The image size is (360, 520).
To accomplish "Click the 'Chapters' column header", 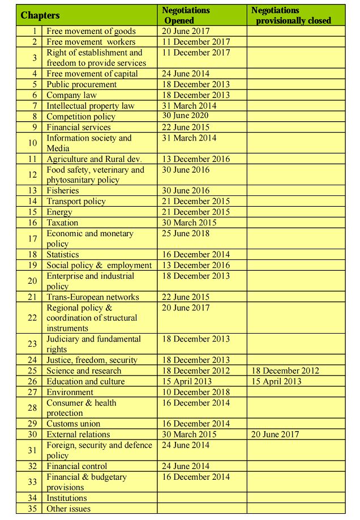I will (40, 15).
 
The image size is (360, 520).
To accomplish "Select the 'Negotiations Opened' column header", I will (186, 15).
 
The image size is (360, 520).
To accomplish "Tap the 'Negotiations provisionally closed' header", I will (291, 15).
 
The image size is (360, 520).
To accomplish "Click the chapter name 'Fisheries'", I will (62, 191).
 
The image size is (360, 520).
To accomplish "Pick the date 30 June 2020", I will (186, 116).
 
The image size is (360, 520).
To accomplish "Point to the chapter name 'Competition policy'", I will (80, 117).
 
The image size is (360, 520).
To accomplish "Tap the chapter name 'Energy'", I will (59, 212).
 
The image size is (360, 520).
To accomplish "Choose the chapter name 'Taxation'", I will (62, 223).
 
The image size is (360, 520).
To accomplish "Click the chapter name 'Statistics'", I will (62, 254).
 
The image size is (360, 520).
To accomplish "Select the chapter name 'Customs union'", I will (73, 424).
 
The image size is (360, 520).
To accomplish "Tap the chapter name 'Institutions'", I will (66, 498).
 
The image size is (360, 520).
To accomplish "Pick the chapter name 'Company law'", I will (71, 95).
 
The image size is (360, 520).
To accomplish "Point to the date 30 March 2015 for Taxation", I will (188, 223).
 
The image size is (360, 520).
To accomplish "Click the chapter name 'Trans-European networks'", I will (92, 297).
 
